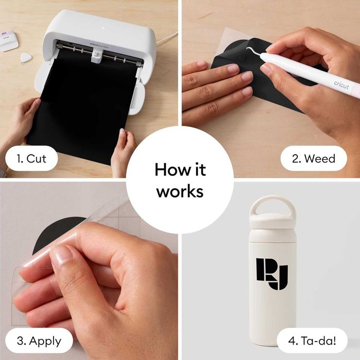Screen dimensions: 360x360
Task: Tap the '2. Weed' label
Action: pyautogui.click(x=313, y=158)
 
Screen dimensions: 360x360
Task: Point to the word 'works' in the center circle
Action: pyautogui.click(x=180, y=191)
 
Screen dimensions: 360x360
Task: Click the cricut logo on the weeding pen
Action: pyautogui.click(x=340, y=84)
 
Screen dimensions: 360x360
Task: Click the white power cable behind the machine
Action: pyautogui.click(x=167, y=39)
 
